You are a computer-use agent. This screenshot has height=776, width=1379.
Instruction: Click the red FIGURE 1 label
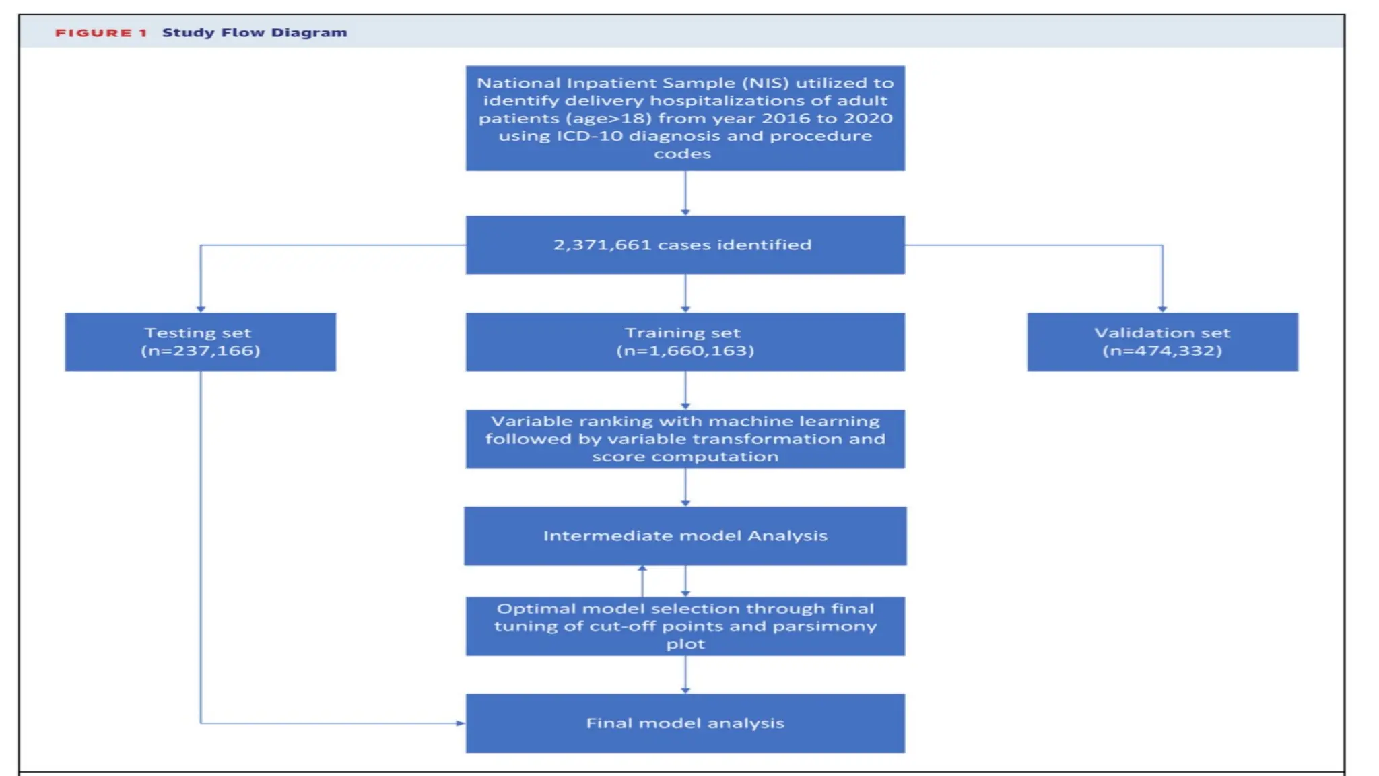coord(100,33)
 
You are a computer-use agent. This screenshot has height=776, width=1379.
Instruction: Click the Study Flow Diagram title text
coord(255,33)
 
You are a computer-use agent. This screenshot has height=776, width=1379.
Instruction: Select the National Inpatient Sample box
coord(685,118)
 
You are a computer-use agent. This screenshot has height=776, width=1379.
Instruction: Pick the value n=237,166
coord(200,351)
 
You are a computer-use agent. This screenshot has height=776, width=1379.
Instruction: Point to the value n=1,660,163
coord(685,351)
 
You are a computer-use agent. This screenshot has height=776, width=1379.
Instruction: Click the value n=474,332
coord(1162,351)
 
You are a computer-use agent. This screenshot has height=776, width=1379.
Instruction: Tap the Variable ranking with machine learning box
coord(685,439)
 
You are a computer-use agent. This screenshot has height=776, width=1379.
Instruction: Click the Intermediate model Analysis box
coord(685,536)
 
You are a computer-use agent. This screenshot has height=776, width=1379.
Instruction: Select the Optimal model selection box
coord(685,626)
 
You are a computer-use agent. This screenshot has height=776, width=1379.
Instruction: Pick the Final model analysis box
coord(685,723)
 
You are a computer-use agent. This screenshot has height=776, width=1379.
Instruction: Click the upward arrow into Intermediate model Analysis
coord(642,570)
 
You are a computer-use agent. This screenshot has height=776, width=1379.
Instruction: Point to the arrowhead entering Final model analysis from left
coord(461,723)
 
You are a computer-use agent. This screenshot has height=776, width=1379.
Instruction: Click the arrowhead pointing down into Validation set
coord(1162,309)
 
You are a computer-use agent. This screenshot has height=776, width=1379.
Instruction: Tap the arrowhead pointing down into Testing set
coord(201,309)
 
